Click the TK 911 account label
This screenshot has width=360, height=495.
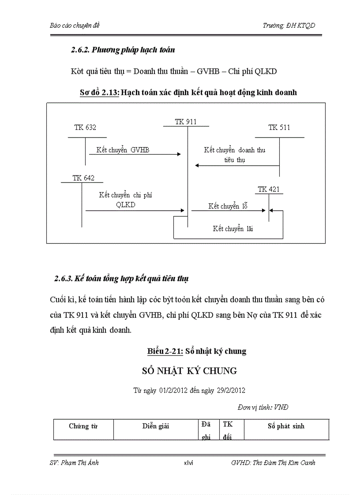coord(185,122)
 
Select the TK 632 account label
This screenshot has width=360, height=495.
coord(85,127)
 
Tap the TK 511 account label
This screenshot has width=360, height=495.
coord(279,127)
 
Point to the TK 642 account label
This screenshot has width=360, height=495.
coord(83,178)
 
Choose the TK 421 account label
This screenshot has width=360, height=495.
coord(269,190)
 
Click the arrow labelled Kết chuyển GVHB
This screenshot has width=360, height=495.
coord(135,154)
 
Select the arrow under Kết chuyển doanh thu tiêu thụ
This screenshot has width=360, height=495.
coord(237,166)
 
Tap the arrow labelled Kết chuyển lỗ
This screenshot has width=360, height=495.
coord(229,211)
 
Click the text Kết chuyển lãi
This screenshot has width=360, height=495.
coord(232,228)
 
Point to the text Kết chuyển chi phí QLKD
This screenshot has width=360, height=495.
coord(125,200)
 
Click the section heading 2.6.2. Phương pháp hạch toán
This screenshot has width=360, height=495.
coord(123,50)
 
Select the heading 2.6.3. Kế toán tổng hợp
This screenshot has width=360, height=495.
coord(121,279)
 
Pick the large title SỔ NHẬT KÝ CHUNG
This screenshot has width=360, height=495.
coord(189,371)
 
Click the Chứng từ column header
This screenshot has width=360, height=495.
coord(83,426)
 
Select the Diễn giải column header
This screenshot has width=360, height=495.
coord(155,426)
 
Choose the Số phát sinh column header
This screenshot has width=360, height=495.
coord(286,426)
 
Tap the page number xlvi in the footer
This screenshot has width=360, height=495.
coord(189,463)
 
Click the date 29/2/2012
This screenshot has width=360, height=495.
coord(231,390)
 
